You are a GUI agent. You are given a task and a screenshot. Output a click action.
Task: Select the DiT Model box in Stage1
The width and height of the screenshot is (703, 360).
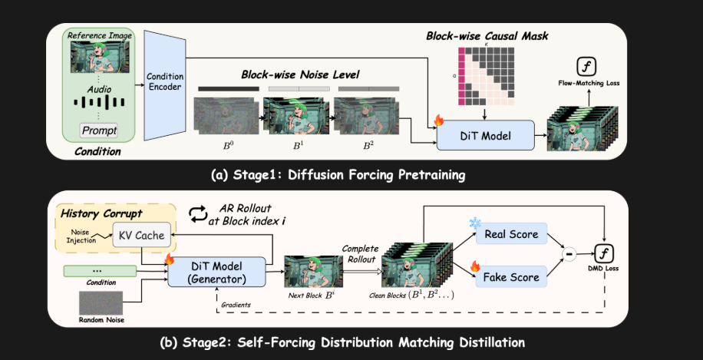pyautogui.click(x=486, y=135)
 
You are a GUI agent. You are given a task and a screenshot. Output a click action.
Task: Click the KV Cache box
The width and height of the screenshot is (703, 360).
pyautogui.click(x=139, y=235)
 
